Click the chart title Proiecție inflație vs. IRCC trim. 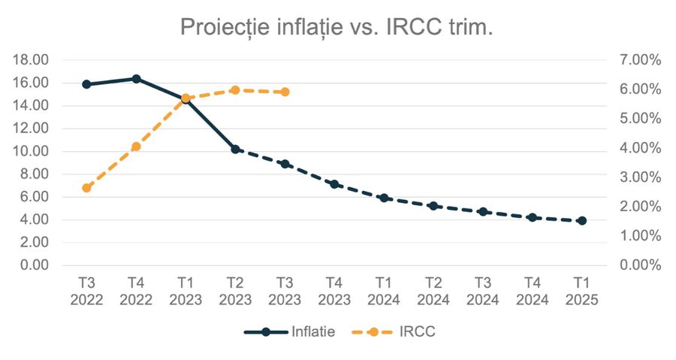coord(336,28)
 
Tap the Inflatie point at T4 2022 coord(136,79)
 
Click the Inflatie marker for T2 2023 coord(235,149)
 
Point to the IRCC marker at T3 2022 coord(86,188)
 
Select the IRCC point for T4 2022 coord(136,147)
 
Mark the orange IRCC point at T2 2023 coord(235,90)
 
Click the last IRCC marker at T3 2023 coord(285,92)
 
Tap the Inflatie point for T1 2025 coord(582,221)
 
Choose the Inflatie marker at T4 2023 coord(334,184)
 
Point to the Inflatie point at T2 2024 coord(433,206)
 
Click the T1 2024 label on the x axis coord(384,291)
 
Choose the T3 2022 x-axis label coord(86,291)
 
